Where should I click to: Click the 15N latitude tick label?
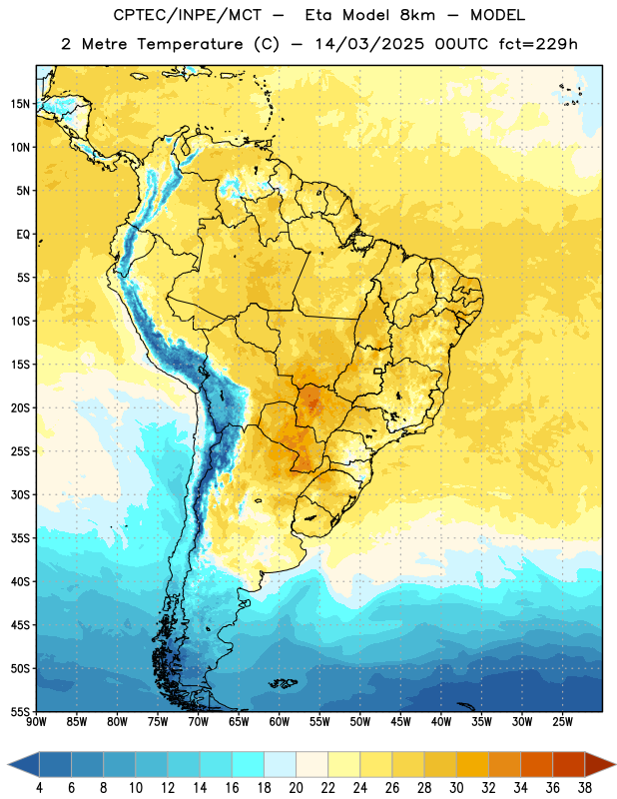[20, 104]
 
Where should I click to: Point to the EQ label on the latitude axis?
[23, 235]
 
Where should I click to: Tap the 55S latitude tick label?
[20, 711]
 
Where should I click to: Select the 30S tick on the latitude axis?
[20, 494]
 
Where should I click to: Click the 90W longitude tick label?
[37, 722]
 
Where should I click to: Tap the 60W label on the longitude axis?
[280, 722]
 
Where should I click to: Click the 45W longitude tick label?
[400, 722]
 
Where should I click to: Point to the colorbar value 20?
[296, 788]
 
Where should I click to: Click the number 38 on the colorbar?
[585, 788]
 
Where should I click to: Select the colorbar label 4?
[39, 788]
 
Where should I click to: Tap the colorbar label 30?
[456, 788]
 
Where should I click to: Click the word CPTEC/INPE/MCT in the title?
[188, 15]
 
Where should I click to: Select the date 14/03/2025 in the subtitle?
[369, 44]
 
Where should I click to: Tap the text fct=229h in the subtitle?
[538, 44]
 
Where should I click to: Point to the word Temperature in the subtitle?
[190, 44]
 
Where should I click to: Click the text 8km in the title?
[417, 15]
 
